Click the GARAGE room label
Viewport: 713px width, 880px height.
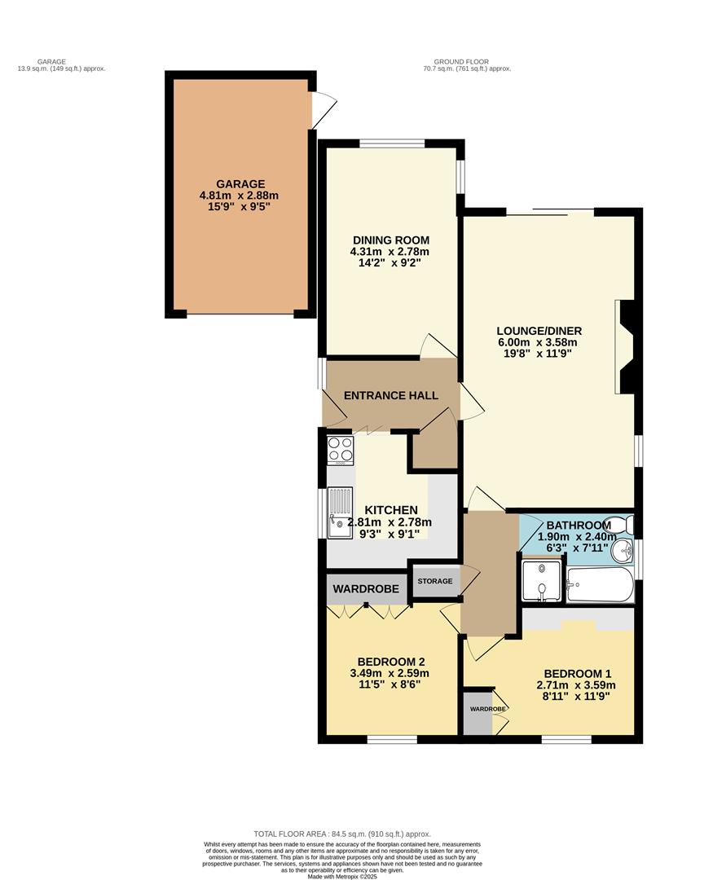pyautogui.click(x=240, y=184)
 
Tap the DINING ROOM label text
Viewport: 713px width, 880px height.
pyautogui.click(x=390, y=240)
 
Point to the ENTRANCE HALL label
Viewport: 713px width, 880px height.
pyautogui.click(x=391, y=396)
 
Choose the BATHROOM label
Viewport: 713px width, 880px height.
pyautogui.click(x=579, y=525)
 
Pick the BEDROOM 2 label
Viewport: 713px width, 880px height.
pyautogui.click(x=390, y=662)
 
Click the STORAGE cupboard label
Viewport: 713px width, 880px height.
pyautogui.click(x=434, y=581)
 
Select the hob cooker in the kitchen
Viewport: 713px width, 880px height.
pyautogui.click(x=340, y=450)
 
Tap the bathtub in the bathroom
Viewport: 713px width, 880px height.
pyautogui.click(x=600, y=584)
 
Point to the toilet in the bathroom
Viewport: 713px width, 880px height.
pyautogui.click(x=623, y=523)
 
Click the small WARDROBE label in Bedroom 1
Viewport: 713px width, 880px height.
pyautogui.click(x=487, y=709)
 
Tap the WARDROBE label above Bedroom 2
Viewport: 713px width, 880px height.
pyautogui.click(x=366, y=588)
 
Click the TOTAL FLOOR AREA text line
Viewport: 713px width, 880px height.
pyautogui.click(x=342, y=834)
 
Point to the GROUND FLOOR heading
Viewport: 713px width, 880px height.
pyautogui.click(x=472, y=65)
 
